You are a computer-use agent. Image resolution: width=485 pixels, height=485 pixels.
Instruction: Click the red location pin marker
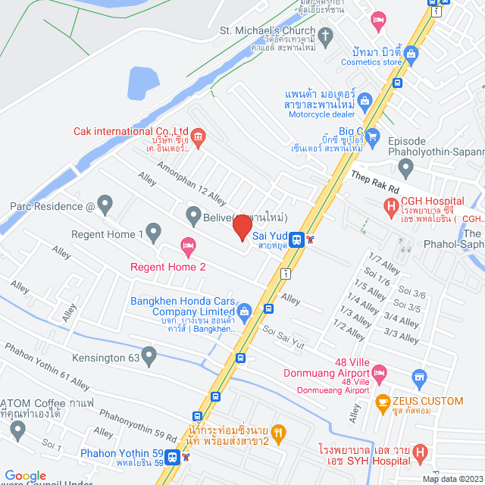coord(242,227)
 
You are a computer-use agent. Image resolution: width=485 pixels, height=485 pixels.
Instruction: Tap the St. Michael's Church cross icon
coord(326,36)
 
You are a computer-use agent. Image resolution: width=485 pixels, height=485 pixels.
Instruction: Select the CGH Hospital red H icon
coord(391,205)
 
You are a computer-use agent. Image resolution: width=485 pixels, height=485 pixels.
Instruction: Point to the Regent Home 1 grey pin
coord(154,230)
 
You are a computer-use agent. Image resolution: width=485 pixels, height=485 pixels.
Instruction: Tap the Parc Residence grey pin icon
coord(105,204)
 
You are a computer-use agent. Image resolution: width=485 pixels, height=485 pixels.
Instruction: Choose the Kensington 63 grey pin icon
coord(149,354)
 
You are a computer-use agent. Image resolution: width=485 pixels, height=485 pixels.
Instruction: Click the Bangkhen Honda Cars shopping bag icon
coord(245,311)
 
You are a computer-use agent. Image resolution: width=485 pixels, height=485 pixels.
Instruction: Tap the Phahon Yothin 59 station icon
coord(173,458)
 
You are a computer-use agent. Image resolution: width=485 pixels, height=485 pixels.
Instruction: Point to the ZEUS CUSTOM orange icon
coord(383,401)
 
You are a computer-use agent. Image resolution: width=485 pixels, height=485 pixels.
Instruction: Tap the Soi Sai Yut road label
coord(283,338)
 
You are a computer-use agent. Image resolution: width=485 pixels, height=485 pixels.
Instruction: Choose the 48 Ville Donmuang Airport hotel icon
coord(380,371)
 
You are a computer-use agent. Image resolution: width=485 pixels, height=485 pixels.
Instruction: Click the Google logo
coord(25,475)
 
